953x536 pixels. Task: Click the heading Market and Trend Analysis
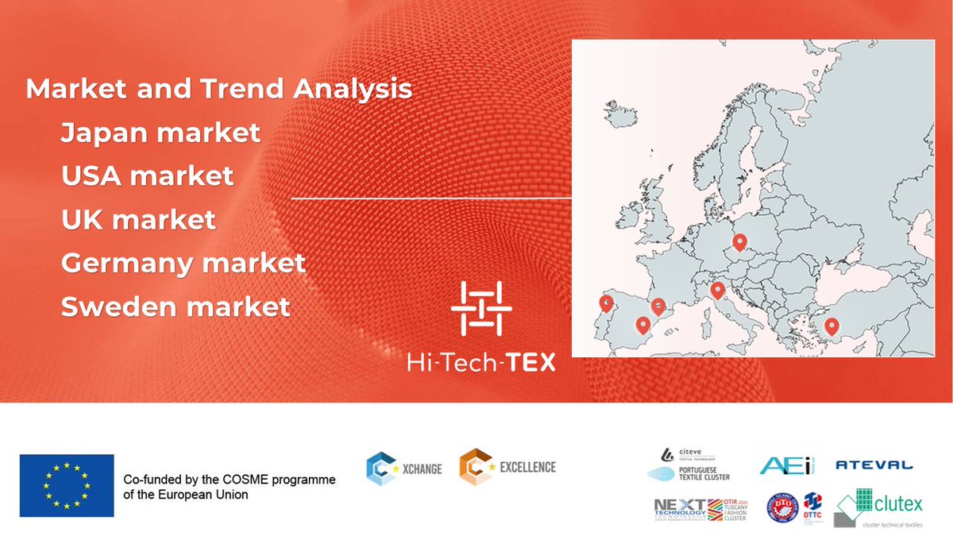pyautogui.click(x=219, y=89)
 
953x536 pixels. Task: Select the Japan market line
pyautogui.click(x=160, y=132)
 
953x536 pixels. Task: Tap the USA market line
pyautogui.click(x=148, y=175)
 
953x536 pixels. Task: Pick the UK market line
pyautogui.click(x=138, y=218)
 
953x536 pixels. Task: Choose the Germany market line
pyautogui.click(x=183, y=262)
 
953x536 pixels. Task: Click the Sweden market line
pyautogui.click(x=176, y=306)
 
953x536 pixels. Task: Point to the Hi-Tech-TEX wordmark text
pyautogui.click(x=480, y=362)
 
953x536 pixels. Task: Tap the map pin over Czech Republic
pyautogui.click(x=740, y=241)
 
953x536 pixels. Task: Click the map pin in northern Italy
pyautogui.click(x=717, y=290)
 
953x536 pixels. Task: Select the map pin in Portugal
pyautogui.click(x=605, y=303)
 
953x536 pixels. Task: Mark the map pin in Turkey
pyautogui.click(x=831, y=325)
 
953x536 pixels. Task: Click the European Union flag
pyautogui.click(x=67, y=485)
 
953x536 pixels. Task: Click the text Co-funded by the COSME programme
pyautogui.click(x=230, y=480)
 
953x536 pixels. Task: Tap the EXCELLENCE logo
pyautogui.click(x=507, y=467)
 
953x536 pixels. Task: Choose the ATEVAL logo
pyautogui.click(x=874, y=465)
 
